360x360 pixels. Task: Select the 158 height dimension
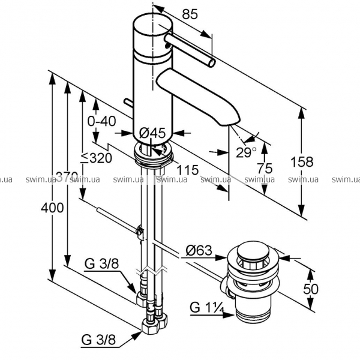tap(305, 161)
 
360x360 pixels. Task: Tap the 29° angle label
tap(245, 152)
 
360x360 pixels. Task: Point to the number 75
tap(265, 168)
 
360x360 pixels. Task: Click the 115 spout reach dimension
tap(188, 170)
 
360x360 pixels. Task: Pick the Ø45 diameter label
tap(152, 133)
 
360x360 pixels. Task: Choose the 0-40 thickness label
tap(101, 121)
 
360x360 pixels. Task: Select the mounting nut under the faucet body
tap(154, 155)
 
